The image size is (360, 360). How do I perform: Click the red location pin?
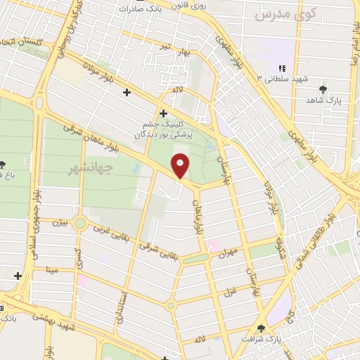181,166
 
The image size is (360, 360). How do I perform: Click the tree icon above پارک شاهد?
323,89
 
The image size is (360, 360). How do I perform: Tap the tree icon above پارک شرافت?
262,328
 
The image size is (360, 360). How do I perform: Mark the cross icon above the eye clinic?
163,112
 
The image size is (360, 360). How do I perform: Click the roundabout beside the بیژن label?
79,224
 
